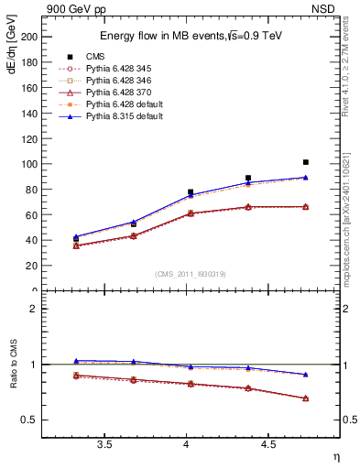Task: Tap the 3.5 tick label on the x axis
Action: click(x=104, y=445)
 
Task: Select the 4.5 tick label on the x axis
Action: click(x=267, y=445)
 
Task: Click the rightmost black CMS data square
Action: click(x=306, y=162)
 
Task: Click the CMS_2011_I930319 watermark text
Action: click(x=187, y=274)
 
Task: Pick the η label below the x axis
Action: click(x=335, y=457)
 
